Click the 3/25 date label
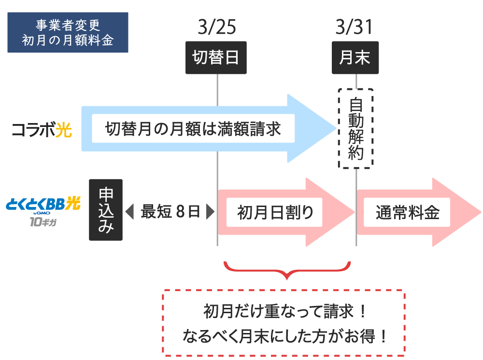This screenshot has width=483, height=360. (x=217, y=27)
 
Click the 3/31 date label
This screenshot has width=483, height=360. (x=354, y=27)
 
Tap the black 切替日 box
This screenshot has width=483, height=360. (x=216, y=57)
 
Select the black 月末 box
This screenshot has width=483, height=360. (x=355, y=57)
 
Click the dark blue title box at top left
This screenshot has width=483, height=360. (x=68, y=32)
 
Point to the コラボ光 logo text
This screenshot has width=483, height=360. (x=42, y=129)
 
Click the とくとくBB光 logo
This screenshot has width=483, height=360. (x=43, y=204)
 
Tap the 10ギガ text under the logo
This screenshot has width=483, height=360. (x=43, y=222)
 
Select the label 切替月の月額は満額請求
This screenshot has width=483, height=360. (x=193, y=129)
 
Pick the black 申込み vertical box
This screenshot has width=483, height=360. (x=106, y=210)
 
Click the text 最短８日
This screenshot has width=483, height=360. (x=170, y=212)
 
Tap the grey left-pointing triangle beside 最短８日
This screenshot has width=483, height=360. (x=130, y=212)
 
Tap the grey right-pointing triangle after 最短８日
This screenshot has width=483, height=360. (x=211, y=212)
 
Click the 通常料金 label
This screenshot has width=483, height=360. (x=407, y=212)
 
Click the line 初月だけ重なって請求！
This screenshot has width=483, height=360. (x=285, y=311)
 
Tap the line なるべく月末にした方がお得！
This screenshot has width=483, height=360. (x=284, y=336)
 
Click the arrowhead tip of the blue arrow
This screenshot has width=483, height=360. (x=336, y=129)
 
